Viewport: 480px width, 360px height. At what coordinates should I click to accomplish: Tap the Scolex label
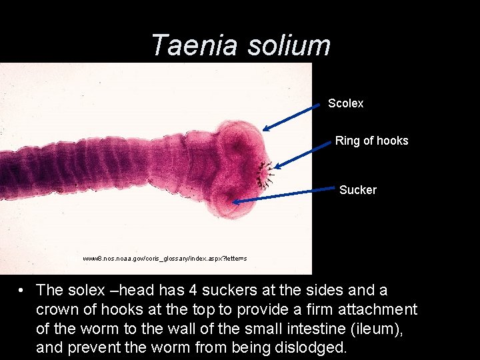[x=345, y=103]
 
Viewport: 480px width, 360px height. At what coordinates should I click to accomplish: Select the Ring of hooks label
[x=371, y=141]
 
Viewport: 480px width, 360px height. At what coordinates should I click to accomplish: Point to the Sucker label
[x=357, y=190]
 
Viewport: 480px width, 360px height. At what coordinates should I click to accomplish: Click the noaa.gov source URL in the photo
[x=165, y=258]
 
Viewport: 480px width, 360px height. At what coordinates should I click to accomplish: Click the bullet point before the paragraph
[x=23, y=291]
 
